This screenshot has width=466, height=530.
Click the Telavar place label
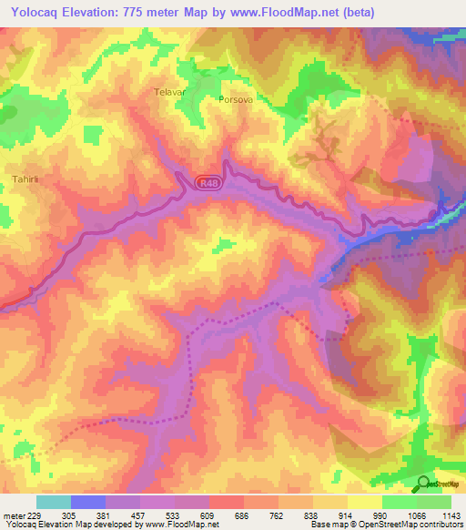click(169, 92)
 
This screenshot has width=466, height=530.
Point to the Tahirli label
click(25, 178)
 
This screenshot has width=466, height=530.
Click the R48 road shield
click(208, 183)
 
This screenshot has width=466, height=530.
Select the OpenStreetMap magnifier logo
click(422, 484)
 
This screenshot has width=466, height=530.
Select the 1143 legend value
click(452, 515)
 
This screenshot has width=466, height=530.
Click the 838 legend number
click(314, 515)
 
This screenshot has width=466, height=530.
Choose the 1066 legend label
click(417, 515)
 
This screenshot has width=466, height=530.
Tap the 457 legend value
click(141, 515)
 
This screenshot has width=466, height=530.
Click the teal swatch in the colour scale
click(54, 502)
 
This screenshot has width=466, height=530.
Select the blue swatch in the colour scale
click(88, 502)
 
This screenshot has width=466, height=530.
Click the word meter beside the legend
click(13, 515)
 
